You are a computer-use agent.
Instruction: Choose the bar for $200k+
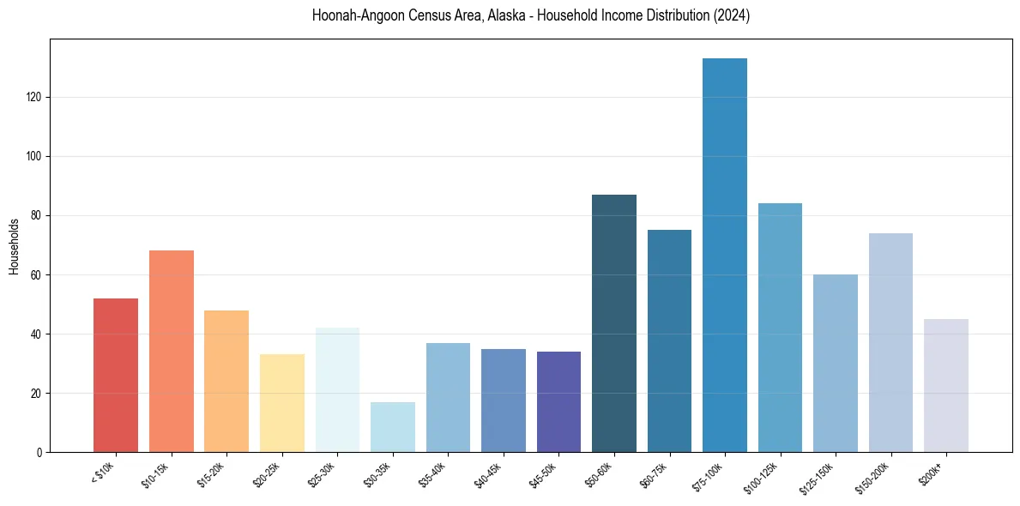(x=946, y=385)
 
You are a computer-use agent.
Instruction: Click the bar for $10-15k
(x=172, y=351)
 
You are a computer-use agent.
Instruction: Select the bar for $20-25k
(x=282, y=403)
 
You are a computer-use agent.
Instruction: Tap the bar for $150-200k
(x=890, y=342)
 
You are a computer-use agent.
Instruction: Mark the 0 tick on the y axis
(x=41, y=453)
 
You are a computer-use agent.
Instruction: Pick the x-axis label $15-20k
(x=214, y=473)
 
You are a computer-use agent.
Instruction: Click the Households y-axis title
(x=15, y=246)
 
